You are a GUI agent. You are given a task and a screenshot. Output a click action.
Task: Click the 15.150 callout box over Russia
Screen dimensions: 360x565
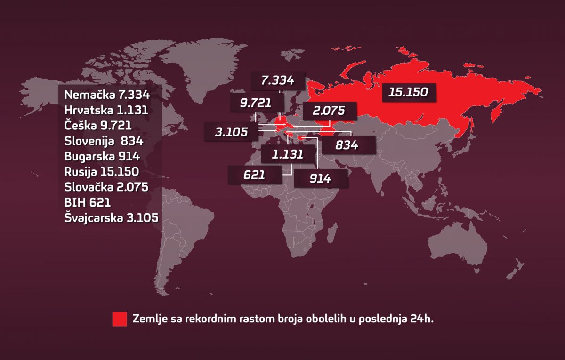tap(408, 92)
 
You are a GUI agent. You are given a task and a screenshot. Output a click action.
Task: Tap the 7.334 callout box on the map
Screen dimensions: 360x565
tap(278, 80)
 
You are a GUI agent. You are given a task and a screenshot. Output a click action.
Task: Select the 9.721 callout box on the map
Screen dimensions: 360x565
tap(257, 103)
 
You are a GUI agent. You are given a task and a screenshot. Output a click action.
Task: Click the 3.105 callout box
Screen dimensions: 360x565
tap(231, 132)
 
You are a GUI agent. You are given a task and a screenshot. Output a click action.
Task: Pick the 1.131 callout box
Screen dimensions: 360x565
tap(287, 154)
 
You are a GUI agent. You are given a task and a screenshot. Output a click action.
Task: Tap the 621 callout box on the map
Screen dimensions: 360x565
tap(255, 176)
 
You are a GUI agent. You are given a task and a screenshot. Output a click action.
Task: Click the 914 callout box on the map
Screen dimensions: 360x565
tap(321, 179)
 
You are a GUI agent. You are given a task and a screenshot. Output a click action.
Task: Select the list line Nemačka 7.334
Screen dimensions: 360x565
tap(107, 95)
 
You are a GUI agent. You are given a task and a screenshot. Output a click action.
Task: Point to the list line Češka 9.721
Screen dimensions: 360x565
tap(97, 126)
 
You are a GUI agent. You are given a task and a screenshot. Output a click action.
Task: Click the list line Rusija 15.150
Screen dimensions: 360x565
tap(101, 172)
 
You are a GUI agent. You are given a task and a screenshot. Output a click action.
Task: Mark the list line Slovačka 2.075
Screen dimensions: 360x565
tap(106, 187)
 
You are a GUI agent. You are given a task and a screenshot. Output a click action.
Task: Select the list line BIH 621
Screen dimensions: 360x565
tap(87, 203)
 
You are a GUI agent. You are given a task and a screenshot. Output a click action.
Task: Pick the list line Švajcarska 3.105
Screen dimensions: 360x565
tap(111, 218)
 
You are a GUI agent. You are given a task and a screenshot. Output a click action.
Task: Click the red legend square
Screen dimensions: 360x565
tap(120, 319)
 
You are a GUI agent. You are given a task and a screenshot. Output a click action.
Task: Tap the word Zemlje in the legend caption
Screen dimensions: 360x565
tap(148, 319)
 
